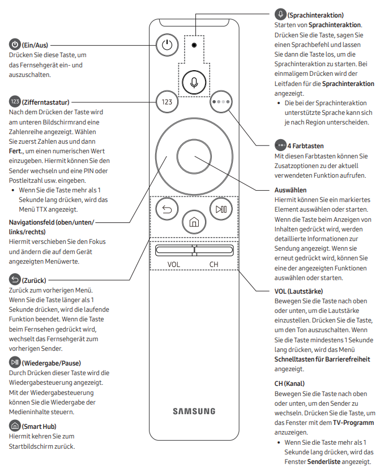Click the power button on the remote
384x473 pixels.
point(166,45)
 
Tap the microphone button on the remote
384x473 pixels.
point(194,83)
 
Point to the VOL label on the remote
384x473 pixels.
point(173,264)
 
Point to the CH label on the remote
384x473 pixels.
point(214,264)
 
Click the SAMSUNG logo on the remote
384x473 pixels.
point(194,411)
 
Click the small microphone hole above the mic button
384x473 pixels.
point(194,45)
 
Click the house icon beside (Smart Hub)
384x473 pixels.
point(14,426)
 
